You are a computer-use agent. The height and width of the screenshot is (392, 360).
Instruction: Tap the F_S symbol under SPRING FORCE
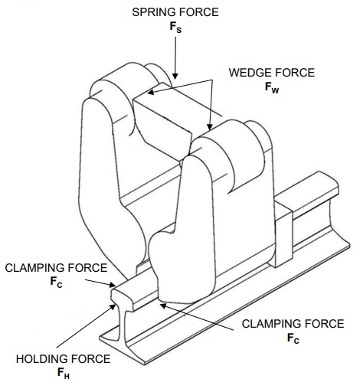click(x=175, y=28)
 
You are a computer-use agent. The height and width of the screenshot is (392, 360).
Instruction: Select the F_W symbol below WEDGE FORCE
click(x=272, y=88)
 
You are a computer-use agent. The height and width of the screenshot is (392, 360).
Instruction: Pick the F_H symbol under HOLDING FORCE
click(x=64, y=374)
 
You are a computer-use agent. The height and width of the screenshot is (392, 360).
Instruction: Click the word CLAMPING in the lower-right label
click(x=273, y=324)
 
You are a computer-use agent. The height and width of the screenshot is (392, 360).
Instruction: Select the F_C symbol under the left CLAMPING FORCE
click(x=56, y=283)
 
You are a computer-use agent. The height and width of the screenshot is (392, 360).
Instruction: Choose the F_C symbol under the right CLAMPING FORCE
click(x=293, y=338)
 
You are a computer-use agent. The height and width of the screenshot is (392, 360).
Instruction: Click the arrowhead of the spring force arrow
click(x=175, y=76)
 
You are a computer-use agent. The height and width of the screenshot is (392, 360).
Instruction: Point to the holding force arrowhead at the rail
click(x=113, y=306)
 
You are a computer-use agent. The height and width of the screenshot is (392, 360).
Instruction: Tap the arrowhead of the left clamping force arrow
click(x=113, y=285)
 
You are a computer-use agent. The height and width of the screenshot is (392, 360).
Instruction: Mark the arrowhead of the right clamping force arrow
click(x=163, y=305)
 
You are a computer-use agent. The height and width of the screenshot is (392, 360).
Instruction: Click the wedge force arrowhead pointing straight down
click(x=210, y=127)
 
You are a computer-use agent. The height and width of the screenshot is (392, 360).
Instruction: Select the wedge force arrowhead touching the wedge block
click(x=151, y=92)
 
